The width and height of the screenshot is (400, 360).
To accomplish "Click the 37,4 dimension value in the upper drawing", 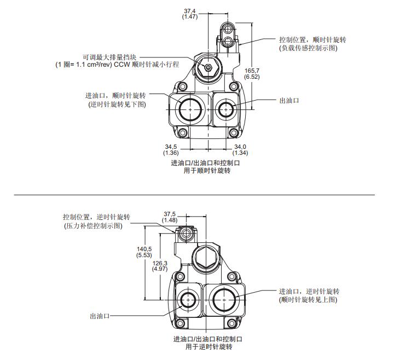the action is (x=189, y=11).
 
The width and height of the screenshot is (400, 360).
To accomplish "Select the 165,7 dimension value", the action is (x=252, y=71).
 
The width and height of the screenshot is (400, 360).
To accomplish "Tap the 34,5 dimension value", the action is (x=171, y=147).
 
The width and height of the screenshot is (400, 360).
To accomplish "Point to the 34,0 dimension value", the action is (x=240, y=147).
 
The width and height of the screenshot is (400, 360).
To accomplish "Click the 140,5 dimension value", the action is (x=144, y=249).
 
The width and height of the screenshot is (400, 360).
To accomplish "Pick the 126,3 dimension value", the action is (x=160, y=263).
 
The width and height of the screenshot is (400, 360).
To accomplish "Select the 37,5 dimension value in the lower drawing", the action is (x=170, y=214).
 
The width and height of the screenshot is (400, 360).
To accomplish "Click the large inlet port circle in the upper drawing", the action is (x=190, y=109).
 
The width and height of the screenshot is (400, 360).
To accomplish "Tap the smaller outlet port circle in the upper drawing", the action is (x=226, y=109).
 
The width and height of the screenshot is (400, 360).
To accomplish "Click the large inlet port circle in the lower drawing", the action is (x=224, y=299).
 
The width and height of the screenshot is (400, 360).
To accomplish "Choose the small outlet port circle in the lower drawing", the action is (x=188, y=299).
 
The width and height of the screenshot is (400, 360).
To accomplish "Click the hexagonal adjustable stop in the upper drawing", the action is (x=208, y=67).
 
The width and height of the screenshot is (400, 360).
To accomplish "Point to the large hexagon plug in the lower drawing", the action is (x=206, y=257).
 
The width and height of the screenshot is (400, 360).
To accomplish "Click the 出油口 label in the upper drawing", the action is (x=289, y=101).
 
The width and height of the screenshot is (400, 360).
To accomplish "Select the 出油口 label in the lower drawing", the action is (x=100, y=316).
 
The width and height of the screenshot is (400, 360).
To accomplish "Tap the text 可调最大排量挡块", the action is (x=109, y=57).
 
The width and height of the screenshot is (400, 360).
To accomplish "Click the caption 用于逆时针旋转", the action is (x=208, y=347).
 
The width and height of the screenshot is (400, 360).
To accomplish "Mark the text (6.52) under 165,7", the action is (x=252, y=77).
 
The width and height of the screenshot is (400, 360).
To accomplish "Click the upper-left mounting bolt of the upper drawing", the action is (x=182, y=86).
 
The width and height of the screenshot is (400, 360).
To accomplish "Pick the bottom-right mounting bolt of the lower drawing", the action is (x=231, y=323).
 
